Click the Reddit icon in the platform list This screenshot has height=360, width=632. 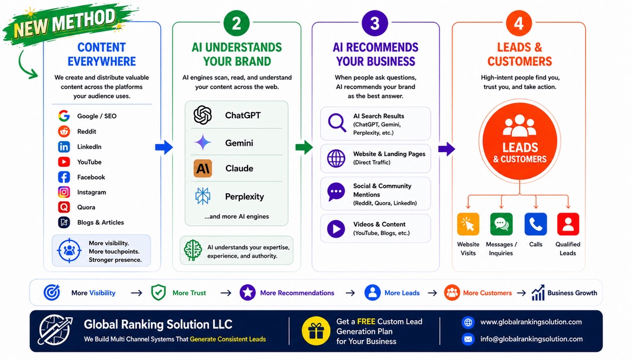click(x=64, y=132)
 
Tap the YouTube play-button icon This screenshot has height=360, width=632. click(x=64, y=162)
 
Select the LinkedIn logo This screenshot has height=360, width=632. click(x=64, y=147)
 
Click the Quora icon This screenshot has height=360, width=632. click(x=64, y=207)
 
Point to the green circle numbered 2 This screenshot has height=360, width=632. click(x=236, y=23)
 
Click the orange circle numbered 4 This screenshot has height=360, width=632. click(x=519, y=23)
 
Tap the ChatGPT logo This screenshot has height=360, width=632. click(x=202, y=115)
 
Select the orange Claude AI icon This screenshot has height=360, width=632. click(x=202, y=169)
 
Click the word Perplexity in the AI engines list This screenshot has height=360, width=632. click(x=244, y=197)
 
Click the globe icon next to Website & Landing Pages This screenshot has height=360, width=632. click(x=336, y=159)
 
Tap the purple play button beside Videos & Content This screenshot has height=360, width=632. click(x=336, y=228)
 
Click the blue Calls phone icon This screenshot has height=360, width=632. click(x=535, y=224)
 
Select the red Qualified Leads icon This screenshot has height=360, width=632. click(x=568, y=224)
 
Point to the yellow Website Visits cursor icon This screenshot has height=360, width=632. click(x=468, y=224)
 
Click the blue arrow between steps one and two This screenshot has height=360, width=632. click(x=164, y=147)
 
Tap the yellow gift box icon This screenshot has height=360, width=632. click(x=316, y=331)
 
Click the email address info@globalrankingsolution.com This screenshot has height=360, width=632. click(x=531, y=339)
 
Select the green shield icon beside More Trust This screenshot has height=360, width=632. click(x=159, y=293)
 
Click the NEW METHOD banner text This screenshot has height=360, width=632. click(x=65, y=23)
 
